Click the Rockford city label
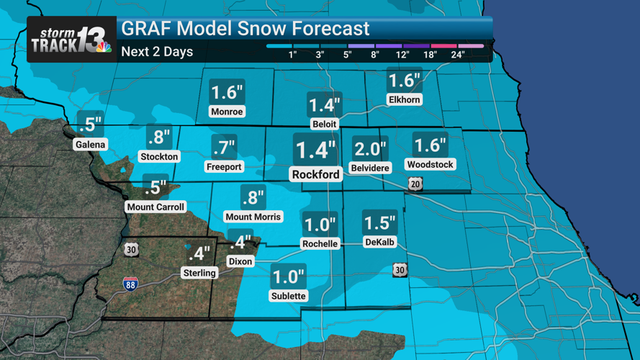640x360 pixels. (x=315, y=174)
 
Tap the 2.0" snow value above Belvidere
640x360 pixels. (x=370, y=149)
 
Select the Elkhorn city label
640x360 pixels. (x=404, y=100)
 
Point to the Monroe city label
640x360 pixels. (x=227, y=112)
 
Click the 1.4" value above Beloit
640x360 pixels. (x=324, y=105)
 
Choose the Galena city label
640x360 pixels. (x=90, y=144)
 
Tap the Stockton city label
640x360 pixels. (x=159, y=156)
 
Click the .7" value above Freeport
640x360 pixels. (x=224, y=148)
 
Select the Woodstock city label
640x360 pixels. (x=430, y=164)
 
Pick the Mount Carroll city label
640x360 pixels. (x=156, y=207)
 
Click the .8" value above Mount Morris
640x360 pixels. (x=253, y=197)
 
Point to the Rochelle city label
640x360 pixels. (x=320, y=243)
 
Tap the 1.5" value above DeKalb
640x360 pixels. (x=379, y=222)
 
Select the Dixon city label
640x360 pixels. (x=240, y=261)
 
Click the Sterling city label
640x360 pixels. (x=199, y=273)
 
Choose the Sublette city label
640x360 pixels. (x=288, y=295)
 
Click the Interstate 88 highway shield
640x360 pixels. (x=130, y=284)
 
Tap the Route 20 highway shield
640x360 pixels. (x=415, y=184)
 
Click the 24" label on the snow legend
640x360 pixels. (x=457, y=55)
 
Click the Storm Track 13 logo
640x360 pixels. (x=71, y=40)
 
